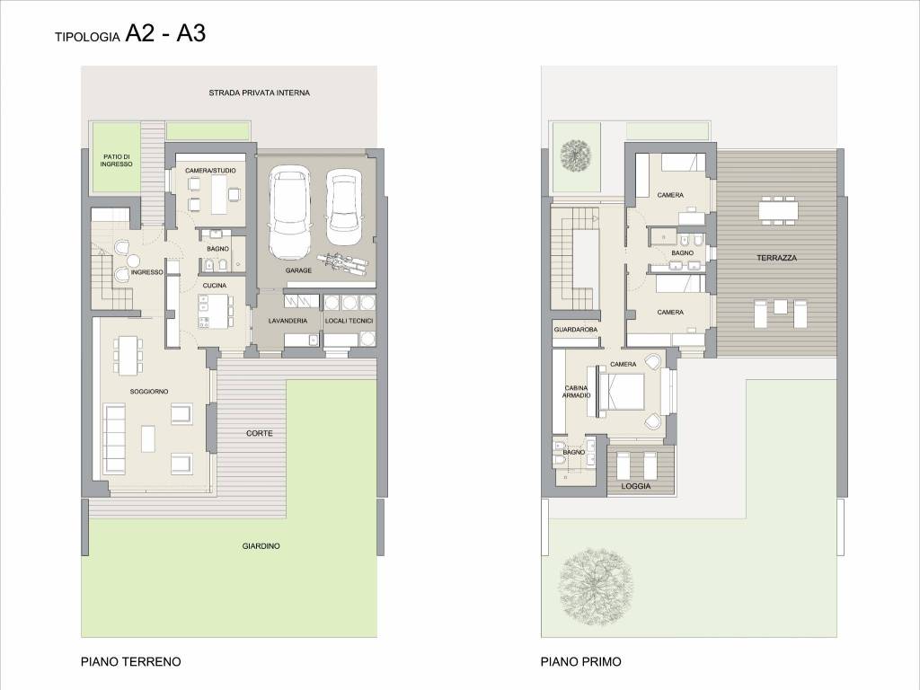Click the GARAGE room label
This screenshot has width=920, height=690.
pos(298,270)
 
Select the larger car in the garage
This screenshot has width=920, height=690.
pos(289,212)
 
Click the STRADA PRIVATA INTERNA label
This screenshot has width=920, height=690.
pos(259,93)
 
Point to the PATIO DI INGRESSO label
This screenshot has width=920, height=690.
pos(116,160)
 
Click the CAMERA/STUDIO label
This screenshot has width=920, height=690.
pos(210,171)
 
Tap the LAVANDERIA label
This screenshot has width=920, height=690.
pos(287,321)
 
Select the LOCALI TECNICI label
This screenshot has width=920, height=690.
pos(349,321)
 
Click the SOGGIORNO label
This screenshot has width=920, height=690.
pos(149,392)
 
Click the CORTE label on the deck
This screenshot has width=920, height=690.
pos(260,433)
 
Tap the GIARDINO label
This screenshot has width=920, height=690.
pos(261,546)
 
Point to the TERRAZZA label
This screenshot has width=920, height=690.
pos(776,258)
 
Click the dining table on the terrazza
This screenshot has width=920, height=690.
pos(779,210)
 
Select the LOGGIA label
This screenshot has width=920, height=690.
pos(636,486)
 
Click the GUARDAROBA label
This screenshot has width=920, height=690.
pos(576,330)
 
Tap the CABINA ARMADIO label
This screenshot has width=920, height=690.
pos(576,392)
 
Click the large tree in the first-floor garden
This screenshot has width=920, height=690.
pos(596,584)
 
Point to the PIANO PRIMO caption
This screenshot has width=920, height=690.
pos(580,662)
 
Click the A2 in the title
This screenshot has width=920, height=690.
pos(139,34)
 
